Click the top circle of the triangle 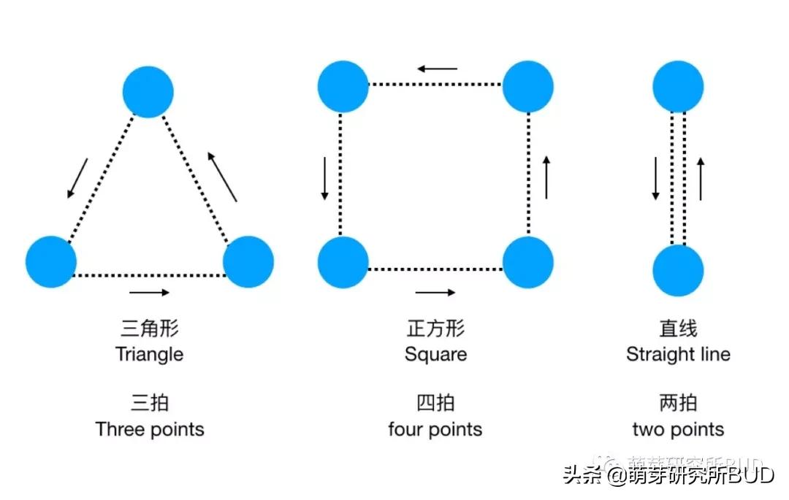(x=148, y=92)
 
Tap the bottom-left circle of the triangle (x=51, y=261)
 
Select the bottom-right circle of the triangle (x=248, y=261)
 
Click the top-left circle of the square (x=343, y=87)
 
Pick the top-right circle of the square (x=528, y=87)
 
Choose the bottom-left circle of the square (x=343, y=262)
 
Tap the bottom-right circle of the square (x=528, y=262)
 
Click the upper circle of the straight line (x=678, y=87)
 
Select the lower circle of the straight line (x=678, y=271)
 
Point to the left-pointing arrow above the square (x=437, y=69)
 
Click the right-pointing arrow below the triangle (x=150, y=293)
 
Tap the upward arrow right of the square (x=546, y=177)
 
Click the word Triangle (x=149, y=355)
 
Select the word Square (x=435, y=355)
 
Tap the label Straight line (x=678, y=355)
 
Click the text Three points (x=150, y=429)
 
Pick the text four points (x=435, y=429)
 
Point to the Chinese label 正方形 (x=435, y=328)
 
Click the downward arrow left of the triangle (x=77, y=178)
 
